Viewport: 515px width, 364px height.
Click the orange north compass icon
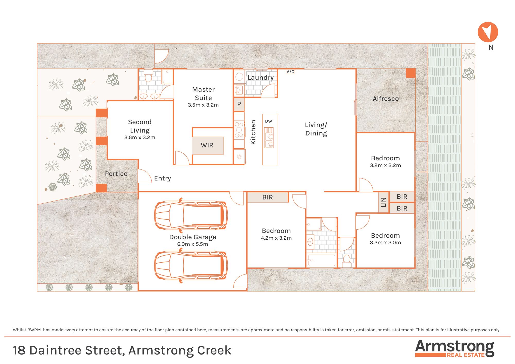point(488,32)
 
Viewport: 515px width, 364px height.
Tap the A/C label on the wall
point(290,72)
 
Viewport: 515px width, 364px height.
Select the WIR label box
point(207,145)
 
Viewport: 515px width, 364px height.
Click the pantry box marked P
point(239,104)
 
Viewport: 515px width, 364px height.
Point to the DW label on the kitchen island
point(269,121)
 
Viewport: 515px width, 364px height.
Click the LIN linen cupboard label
point(383,202)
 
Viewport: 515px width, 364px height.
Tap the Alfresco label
point(386,99)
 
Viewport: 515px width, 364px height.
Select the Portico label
point(116,174)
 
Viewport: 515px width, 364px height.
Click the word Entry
point(162,178)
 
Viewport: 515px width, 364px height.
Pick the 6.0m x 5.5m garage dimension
point(193,244)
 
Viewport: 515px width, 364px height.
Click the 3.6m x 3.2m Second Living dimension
point(140,137)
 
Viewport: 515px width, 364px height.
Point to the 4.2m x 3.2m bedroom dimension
point(276,238)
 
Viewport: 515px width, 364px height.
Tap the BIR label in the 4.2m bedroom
point(268,197)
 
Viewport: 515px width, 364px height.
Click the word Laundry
point(261,78)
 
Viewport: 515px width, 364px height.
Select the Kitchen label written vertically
point(253,132)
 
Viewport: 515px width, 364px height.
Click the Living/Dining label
point(316,129)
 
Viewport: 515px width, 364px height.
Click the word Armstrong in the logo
point(455,347)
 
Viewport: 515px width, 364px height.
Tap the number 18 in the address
point(19,350)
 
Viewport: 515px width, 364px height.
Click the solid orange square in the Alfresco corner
point(411,73)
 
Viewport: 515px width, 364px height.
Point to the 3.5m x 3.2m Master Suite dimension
point(203,105)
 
